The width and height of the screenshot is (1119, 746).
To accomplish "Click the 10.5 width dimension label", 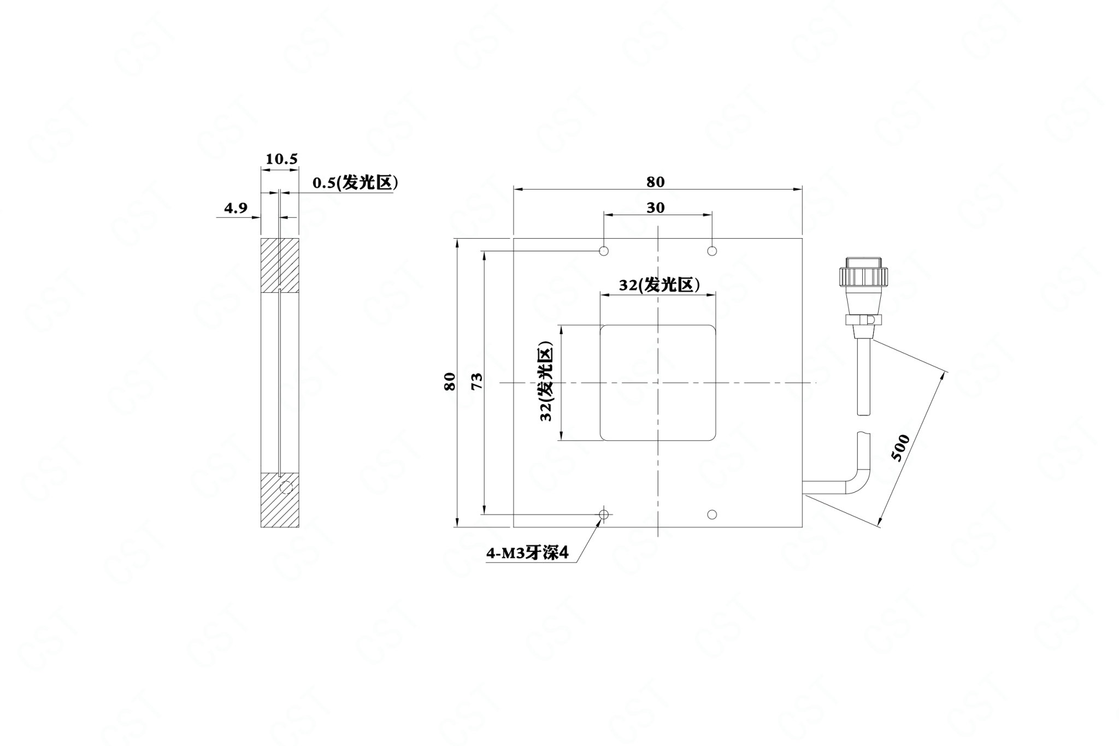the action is click(281, 159).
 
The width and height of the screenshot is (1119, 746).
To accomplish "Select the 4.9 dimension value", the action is click(235, 208).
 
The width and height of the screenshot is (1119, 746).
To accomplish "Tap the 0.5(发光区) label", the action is click(355, 183).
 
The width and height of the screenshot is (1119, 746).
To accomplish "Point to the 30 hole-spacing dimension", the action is click(655, 208).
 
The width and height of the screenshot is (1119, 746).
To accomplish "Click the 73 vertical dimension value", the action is click(476, 381).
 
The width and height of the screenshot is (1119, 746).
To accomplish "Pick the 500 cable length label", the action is click(900, 447).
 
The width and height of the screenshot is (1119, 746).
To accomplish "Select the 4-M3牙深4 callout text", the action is click(528, 554).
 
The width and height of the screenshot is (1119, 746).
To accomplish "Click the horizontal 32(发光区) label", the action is click(659, 285).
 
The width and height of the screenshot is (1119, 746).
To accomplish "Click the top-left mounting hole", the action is click(604, 251).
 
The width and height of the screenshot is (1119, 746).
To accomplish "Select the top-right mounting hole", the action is click(712, 251).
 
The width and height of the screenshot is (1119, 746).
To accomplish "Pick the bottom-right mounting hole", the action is click(712, 514).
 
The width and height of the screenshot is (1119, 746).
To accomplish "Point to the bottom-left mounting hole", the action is click(604, 514).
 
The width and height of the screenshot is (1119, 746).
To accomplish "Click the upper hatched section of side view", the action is click(280, 265).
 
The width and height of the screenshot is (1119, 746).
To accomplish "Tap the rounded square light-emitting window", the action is click(658, 382).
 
